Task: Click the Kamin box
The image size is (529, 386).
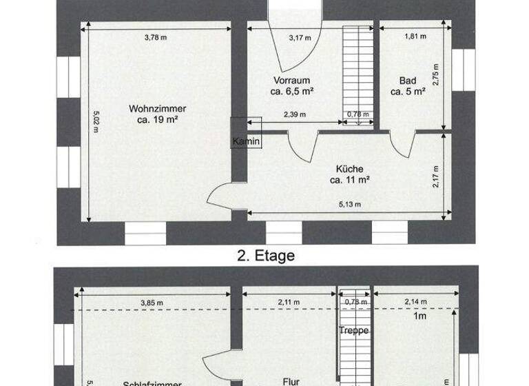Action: pos(246,141)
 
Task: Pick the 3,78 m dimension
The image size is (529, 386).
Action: pos(156,37)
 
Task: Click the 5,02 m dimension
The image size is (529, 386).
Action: pos(96,121)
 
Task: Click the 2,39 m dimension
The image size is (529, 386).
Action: pos(295,114)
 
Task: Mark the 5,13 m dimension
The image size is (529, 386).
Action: pos(350,204)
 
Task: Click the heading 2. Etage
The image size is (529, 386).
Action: pos(265,256)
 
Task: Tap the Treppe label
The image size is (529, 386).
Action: pos(355,330)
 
